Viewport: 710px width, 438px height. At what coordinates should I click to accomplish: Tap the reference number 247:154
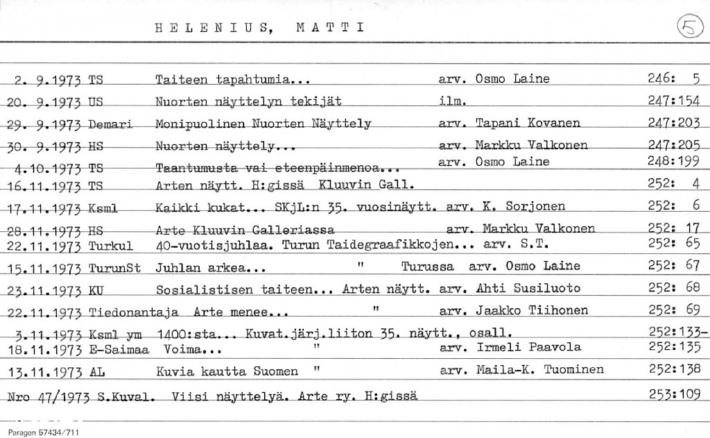pyautogui.click(x=673, y=101)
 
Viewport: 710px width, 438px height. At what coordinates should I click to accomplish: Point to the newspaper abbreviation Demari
pyautogui.click(x=110, y=124)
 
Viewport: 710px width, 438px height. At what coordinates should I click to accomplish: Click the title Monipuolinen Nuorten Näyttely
pyautogui.click(x=263, y=124)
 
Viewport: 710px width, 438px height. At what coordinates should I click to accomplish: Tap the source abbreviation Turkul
pyautogui.click(x=111, y=245)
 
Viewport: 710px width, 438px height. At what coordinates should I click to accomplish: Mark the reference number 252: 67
pyautogui.click(x=673, y=266)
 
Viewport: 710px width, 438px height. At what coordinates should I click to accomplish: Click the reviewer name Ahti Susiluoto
pyautogui.click(x=528, y=289)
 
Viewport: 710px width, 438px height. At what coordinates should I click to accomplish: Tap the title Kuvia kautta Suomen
pyautogui.click(x=227, y=371)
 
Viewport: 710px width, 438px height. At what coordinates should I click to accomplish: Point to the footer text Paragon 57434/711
pyautogui.click(x=44, y=432)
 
